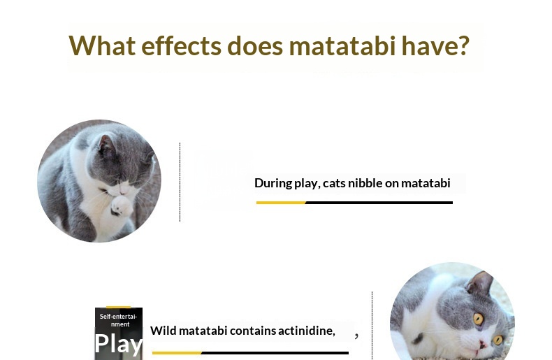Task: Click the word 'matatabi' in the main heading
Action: pyautogui.click(x=342, y=46)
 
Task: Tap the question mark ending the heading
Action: pyautogui.click(x=464, y=46)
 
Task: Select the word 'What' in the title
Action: pyautogui.click(x=102, y=46)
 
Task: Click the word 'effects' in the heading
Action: pyautogui.click(x=182, y=46)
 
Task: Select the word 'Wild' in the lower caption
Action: pyautogui.click(x=163, y=331)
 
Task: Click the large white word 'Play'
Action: pyautogui.click(x=119, y=343)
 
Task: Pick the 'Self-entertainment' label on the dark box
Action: pyautogui.click(x=119, y=320)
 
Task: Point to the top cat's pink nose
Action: pyautogui.click(x=123, y=190)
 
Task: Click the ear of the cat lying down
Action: pyautogui.click(x=480, y=284)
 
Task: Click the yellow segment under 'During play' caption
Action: pyautogui.click(x=281, y=203)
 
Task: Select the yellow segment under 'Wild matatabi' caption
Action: pyautogui.click(x=177, y=352)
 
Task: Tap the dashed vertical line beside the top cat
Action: pyautogui.click(x=180, y=182)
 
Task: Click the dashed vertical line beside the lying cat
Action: pyautogui.click(x=372, y=326)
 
